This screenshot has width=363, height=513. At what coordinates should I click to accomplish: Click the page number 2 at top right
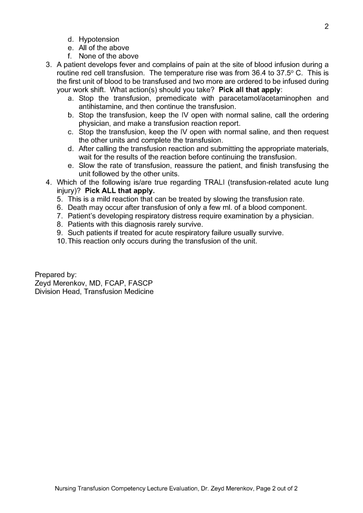click(326, 27)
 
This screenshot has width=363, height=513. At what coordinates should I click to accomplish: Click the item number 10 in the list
click(61, 241)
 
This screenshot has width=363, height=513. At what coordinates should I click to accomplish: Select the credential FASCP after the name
click(141, 283)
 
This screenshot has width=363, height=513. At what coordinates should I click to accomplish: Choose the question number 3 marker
click(49, 65)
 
